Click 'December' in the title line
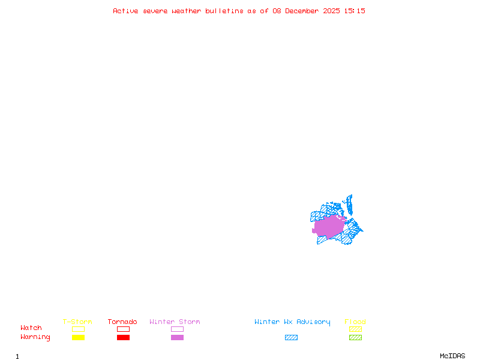(x=305, y=11)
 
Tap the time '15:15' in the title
(x=355, y=11)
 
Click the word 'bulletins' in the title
(x=224, y=11)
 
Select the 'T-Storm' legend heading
(x=77, y=322)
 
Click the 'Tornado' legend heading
(x=122, y=322)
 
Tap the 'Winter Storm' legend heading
(x=175, y=322)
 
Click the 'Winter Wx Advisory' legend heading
(x=292, y=322)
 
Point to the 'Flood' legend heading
(x=355, y=322)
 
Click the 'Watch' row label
(x=31, y=328)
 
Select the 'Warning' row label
(x=35, y=337)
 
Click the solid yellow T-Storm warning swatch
(x=78, y=338)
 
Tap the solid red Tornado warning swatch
(x=123, y=338)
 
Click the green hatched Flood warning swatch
(x=355, y=338)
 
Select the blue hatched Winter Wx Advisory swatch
(x=291, y=338)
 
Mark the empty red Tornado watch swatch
(x=123, y=329)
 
